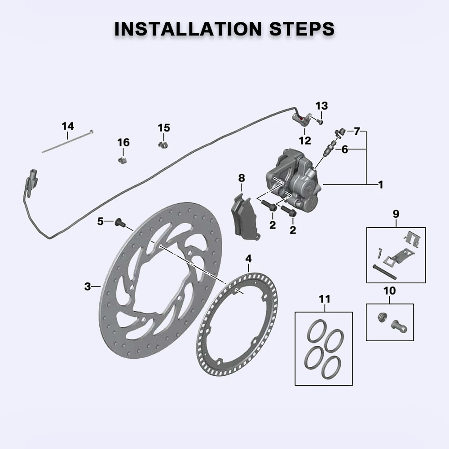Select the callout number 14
pos(68,126)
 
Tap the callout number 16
pos(123,142)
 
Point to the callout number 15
pos(164,128)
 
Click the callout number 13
pos(321,106)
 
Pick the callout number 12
pos(305,141)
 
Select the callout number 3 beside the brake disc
pos(88,286)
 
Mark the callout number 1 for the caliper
pos(380,184)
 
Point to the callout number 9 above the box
pos(396,214)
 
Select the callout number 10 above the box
pos(390,291)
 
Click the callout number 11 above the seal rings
pos(324,299)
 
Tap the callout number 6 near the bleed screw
pos(344,150)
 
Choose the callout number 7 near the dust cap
pos(357,132)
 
